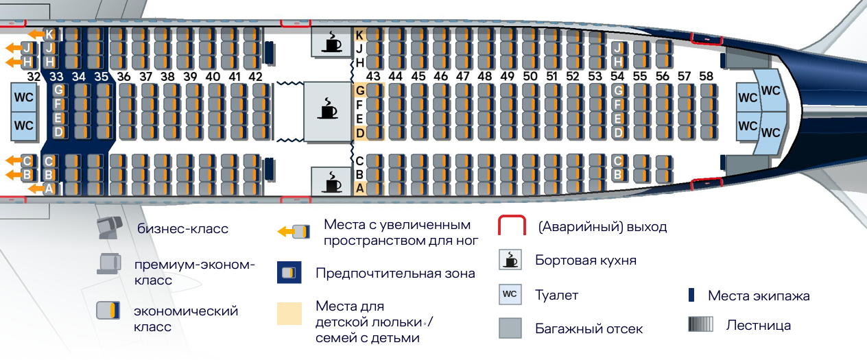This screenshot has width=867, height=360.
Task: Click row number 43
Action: click(373, 76)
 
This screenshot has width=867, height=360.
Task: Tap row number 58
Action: click(706, 76)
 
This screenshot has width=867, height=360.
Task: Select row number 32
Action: click(34, 76)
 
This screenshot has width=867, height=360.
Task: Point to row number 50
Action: click(530, 76)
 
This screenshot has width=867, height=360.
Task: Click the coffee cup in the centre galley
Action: click(326, 109)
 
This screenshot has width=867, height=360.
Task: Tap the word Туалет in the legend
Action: click(556, 296)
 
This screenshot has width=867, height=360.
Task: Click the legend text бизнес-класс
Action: click(182, 229)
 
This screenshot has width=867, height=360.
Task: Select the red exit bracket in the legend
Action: click(511, 226)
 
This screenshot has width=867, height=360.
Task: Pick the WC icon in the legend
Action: click(510, 295)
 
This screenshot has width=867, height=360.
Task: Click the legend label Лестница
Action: click(758, 325)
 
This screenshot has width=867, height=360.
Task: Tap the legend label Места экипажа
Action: click(759, 296)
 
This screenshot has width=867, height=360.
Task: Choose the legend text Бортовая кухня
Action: click(585, 261)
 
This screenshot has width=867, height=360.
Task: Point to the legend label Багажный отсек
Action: click(589, 329)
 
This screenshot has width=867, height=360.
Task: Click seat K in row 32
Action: click(50, 34)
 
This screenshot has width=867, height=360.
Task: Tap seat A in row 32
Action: click(49, 189)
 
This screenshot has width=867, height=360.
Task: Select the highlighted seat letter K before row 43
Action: click(359, 34)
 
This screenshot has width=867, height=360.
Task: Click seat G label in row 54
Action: click(618, 90)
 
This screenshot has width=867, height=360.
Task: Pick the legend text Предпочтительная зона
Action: click(395, 274)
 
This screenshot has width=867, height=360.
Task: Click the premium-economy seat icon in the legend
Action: click(109, 265)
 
